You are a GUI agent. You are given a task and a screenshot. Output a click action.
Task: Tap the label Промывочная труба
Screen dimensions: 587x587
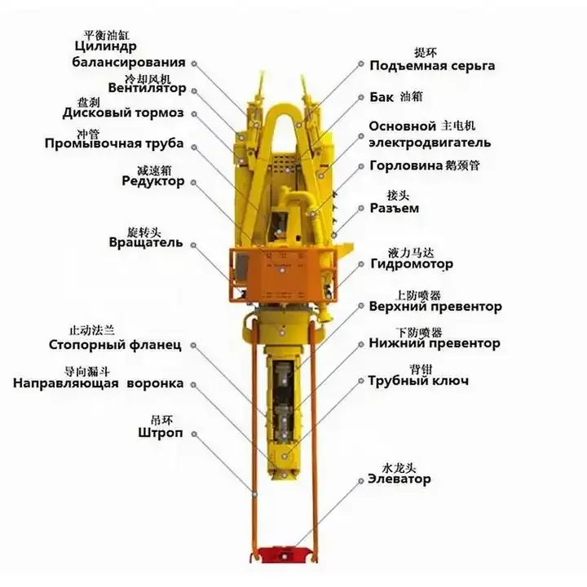[114, 144]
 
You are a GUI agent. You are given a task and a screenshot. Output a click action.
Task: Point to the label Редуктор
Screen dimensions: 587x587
[152, 181]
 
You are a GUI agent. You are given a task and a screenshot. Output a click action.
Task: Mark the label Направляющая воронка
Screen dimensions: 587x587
[98, 383]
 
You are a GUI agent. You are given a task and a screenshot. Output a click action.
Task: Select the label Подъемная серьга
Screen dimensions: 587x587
[431, 65]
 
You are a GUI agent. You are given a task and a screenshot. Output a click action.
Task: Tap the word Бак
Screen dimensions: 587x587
[382, 96]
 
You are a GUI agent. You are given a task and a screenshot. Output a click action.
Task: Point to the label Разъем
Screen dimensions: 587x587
[395, 208]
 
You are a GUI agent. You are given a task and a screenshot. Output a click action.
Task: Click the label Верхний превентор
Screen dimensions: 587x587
[435, 307]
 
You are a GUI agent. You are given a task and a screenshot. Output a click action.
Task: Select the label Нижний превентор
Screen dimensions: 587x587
[434, 343]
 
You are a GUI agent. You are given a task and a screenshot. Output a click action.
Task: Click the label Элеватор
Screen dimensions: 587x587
[399, 479]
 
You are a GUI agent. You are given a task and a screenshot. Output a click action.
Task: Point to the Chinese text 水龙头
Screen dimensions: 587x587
[399, 467]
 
